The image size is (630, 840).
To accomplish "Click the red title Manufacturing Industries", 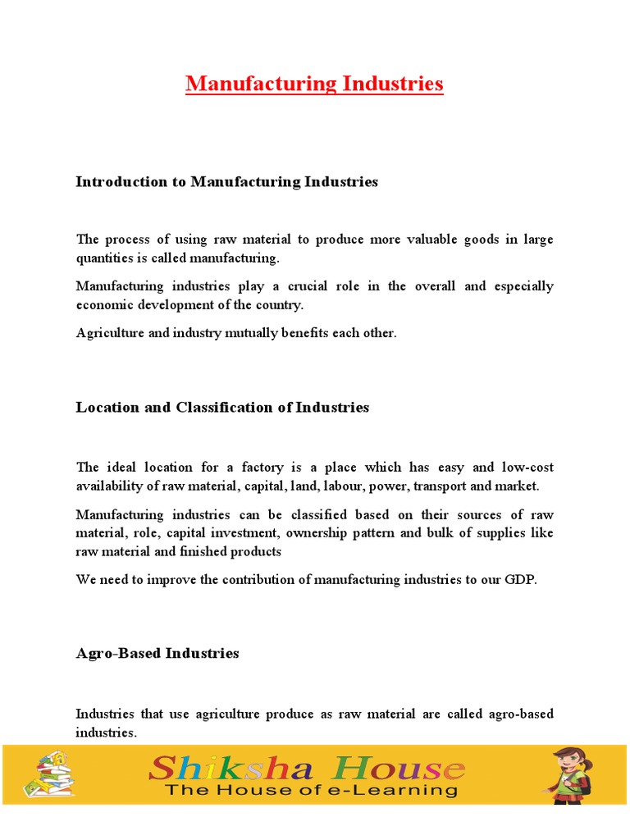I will point(314,84).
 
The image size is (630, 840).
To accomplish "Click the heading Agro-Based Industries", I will point(157,654).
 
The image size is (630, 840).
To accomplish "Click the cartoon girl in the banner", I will point(572,774).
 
